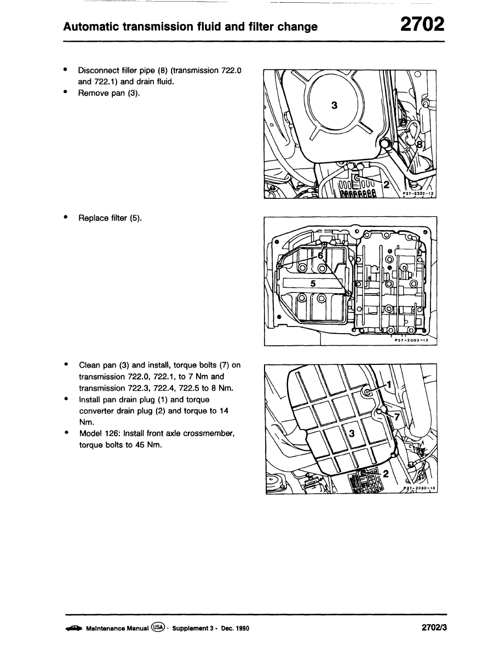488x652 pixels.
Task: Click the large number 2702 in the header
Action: (421, 25)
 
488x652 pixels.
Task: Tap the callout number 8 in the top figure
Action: (420, 145)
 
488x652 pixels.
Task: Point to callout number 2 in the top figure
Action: (386, 185)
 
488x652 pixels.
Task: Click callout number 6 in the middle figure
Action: (321, 256)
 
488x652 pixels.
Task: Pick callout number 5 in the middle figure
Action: (313, 283)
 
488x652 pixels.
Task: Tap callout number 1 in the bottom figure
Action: (389, 385)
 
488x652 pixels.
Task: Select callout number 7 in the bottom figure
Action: (397, 417)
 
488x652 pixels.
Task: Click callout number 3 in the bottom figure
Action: (352, 433)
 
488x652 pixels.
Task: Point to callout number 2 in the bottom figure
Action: (386, 473)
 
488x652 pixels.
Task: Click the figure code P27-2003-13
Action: (414, 340)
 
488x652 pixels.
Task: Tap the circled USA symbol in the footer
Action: (159, 628)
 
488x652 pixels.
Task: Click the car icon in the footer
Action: (73, 628)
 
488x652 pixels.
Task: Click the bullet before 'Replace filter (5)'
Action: (66, 218)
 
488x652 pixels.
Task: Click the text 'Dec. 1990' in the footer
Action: (234, 628)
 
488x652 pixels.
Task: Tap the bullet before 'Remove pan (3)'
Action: (66, 93)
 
